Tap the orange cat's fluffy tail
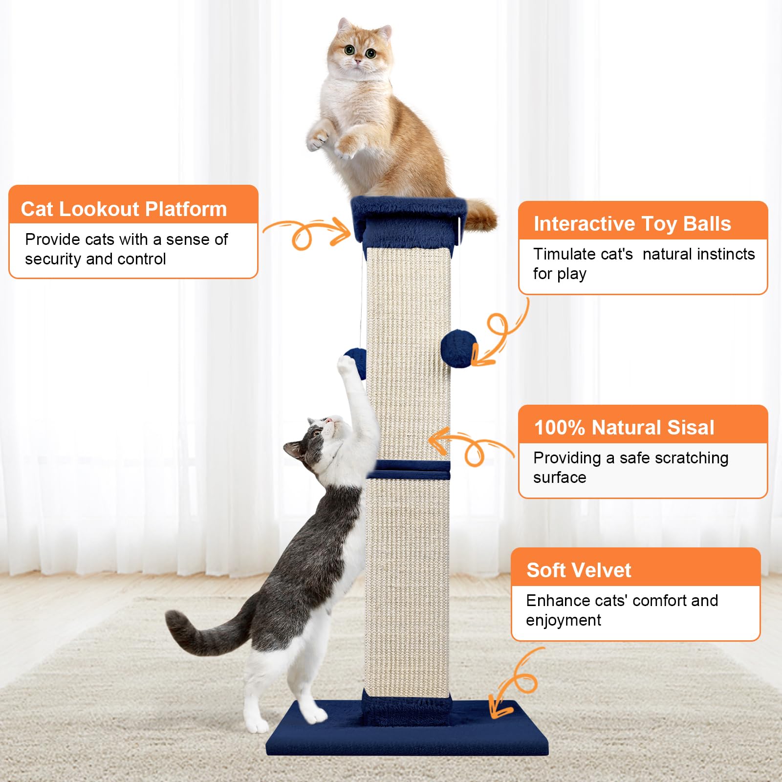coord(481,215)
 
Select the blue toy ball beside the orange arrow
coord(458,348)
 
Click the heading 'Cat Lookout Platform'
coord(124,209)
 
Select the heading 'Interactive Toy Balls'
coord(632,224)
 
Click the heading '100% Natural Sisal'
coord(624,428)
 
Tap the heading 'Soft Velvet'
coord(579,570)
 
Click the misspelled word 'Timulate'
coord(583,254)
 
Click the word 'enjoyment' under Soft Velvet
coord(563,620)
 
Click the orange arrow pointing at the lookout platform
coord(308,233)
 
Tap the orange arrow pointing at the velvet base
coord(513,684)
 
